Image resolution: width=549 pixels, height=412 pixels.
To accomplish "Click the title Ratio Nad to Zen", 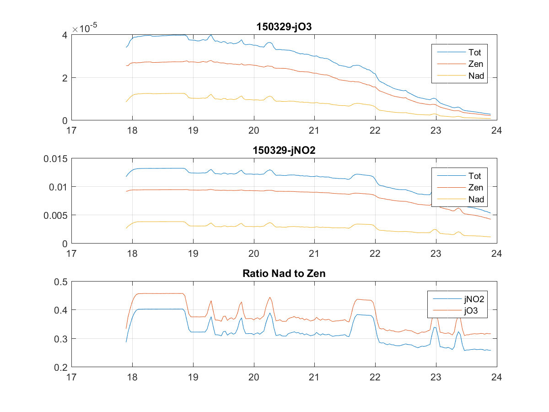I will coord(284,274).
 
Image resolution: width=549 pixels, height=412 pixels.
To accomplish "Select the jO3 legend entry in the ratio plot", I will coord(472,311).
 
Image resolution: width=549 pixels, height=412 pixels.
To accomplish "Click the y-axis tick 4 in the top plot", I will coord(65,35).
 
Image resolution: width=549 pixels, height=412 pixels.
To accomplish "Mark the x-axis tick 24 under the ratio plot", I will coord(497,377).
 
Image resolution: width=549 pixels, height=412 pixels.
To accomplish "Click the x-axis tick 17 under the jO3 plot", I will coord(71,130).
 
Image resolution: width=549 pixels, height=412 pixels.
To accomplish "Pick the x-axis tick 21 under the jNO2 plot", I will coord(314,253).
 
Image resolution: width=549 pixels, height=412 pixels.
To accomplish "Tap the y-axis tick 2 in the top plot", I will coord(65,78).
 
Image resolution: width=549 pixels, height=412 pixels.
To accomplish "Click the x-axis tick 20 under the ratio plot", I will coord(253,377).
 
